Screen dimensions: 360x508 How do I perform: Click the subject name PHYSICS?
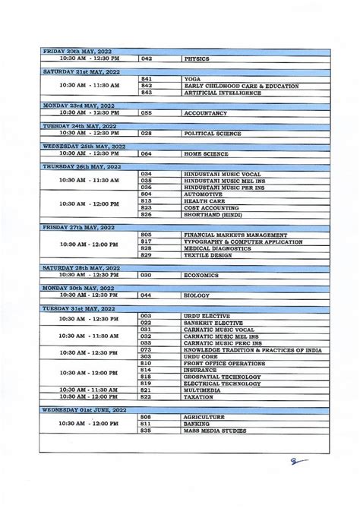tap(197, 58)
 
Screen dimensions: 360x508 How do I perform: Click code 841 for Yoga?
tap(147, 79)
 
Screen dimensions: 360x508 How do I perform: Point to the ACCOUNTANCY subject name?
tap(206, 112)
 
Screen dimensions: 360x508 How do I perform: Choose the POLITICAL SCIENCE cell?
tap(213, 134)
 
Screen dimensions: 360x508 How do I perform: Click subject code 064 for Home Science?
tap(147, 153)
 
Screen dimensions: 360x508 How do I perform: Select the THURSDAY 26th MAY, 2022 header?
tap(81, 166)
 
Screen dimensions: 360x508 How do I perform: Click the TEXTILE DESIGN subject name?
tap(207, 255)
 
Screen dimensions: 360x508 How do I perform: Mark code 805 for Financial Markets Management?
tap(147, 235)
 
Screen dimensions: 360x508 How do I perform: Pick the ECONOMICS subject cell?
tap(201, 276)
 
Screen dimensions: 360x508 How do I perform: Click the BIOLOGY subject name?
tap(197, 295)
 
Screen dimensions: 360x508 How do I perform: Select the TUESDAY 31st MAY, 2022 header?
tap(78, 308)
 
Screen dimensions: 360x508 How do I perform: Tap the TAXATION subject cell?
tap(200, 396)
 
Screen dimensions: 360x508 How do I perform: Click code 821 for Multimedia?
tap(147, 390)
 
